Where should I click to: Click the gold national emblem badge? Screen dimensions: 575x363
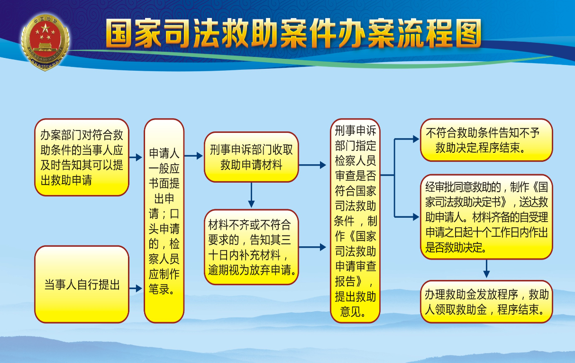[x=46, y=42]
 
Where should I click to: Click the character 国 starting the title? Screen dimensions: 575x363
[x=120, y=34]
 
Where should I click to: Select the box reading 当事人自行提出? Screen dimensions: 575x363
[x=82, y=284]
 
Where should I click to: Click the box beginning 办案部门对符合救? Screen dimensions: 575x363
[x=82, y=157]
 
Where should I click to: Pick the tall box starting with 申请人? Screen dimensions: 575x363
[x=164, y=221]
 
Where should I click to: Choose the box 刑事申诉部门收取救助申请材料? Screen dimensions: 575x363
[x=251, y=157]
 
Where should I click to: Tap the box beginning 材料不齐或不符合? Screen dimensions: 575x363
[x=251, y=247]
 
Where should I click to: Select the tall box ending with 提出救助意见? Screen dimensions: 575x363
[x=355, y=221]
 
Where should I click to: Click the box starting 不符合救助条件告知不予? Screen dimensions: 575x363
[x=486, y=140]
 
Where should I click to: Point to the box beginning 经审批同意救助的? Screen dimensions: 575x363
[x=486, y=217]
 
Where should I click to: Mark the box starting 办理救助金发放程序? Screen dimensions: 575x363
[x=486, y=302]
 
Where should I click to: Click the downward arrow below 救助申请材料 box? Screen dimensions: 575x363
[x=251, y=195]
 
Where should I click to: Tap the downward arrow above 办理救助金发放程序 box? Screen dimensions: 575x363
[x=486, y=269]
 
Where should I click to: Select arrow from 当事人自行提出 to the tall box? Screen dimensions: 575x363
[x=136, y=288]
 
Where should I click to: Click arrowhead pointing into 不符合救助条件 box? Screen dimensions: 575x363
[x=416, y=139]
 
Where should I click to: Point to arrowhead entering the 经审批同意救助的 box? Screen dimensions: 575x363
[x=416, y=217]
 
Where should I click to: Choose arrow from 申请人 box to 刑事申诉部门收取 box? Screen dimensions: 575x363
[x=193, y=156]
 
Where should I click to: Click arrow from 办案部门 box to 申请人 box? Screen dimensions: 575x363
[x=136, y=157]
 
